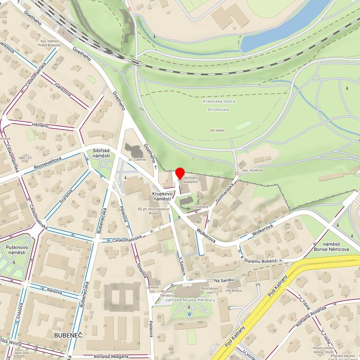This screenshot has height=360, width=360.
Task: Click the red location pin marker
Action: click(x=180, y=174)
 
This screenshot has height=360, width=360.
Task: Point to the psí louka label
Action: click(x=218, y=130)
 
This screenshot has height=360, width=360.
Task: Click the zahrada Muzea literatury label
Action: click(x=190, y=300)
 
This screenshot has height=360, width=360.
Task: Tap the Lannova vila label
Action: click(x=152, y=290)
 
